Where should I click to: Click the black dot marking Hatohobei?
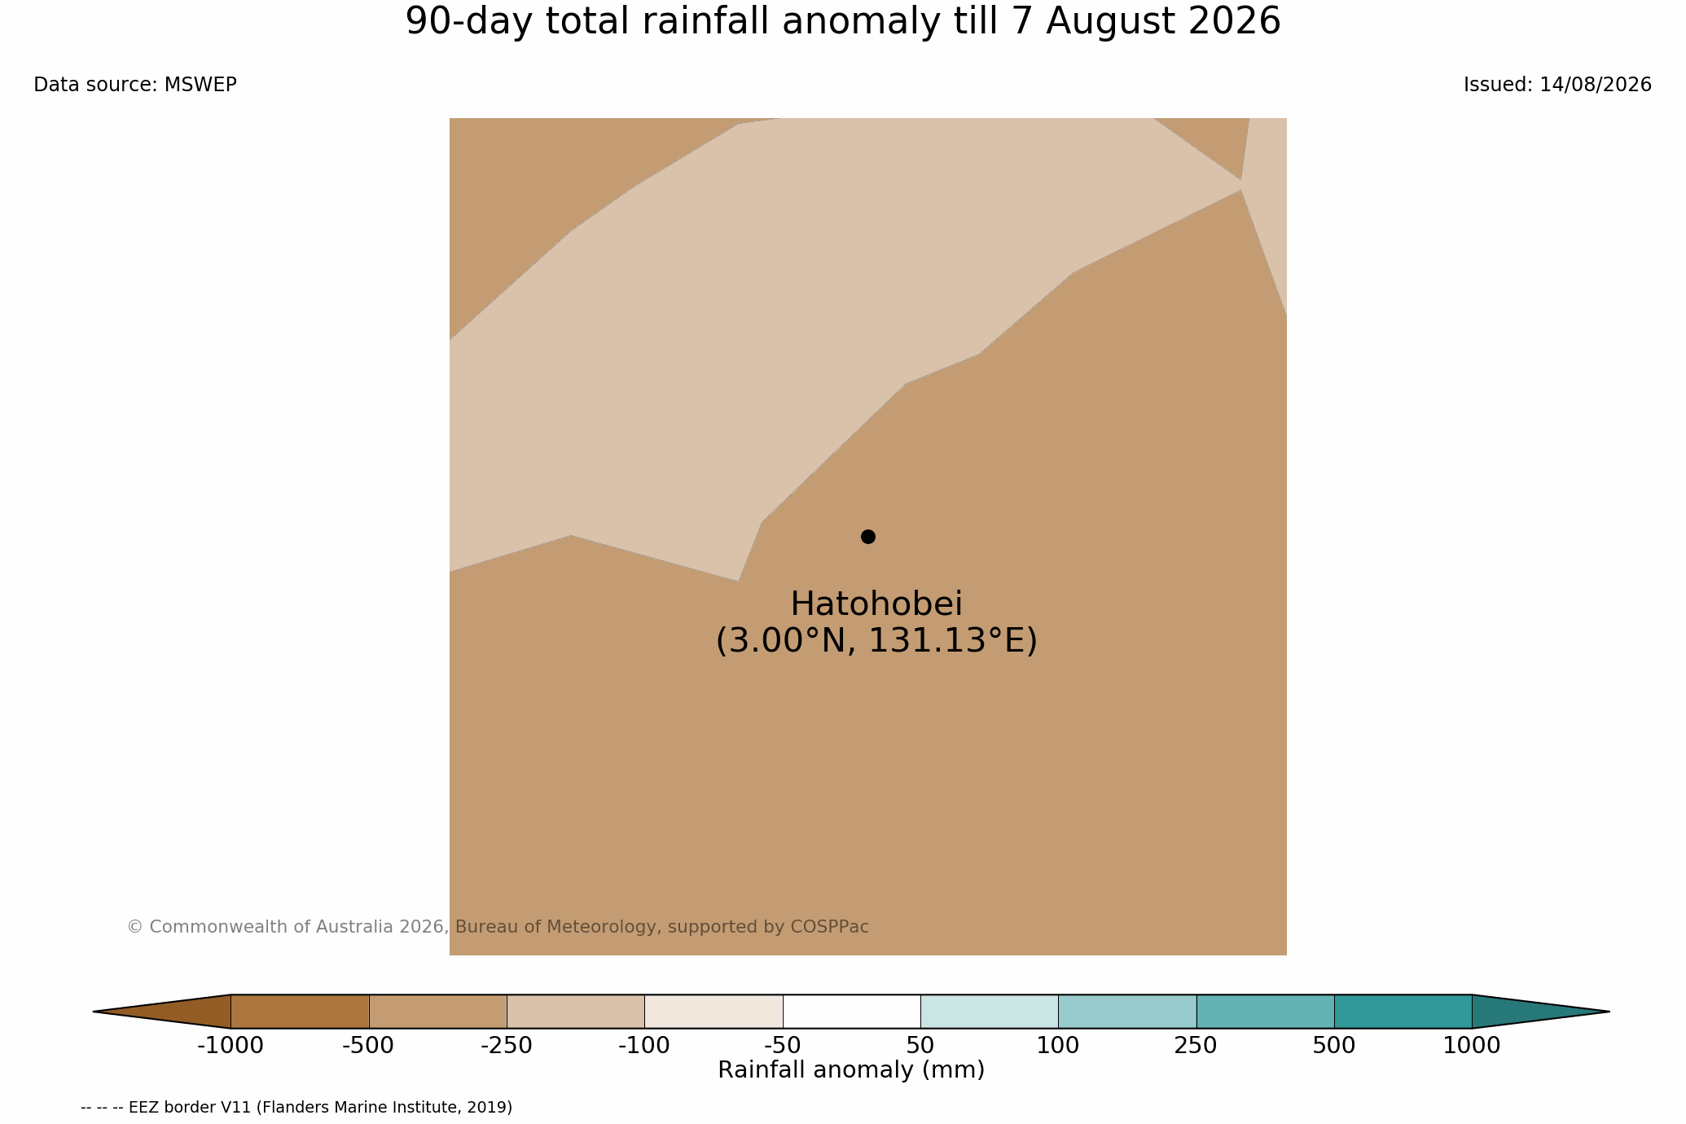(868, 537)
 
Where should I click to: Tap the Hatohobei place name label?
(876, 604)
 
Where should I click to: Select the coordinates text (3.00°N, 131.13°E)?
(876, 641)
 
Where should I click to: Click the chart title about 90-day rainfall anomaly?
(843, 22)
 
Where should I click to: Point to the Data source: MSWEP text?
(135, 85)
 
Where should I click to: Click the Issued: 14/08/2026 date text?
(1557, 85)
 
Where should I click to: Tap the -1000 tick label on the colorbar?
(231, 1046)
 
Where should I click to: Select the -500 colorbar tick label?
(368, 1046)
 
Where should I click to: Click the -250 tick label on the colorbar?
(507, 1046)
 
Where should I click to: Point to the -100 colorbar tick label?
(644, 1046)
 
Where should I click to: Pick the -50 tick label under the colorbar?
(783, 1046)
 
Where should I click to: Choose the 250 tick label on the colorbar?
(1196, 1046)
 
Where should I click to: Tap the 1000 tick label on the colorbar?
(1472, 1046)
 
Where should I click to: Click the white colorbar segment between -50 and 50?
(851, 1012)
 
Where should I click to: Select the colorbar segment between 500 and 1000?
(1403, 1012)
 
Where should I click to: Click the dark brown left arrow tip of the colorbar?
(94, 1012)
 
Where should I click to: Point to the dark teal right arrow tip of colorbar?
(1608, 1012)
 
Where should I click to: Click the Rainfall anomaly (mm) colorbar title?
(851, 1070)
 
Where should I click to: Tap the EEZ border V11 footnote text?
(296, 1108)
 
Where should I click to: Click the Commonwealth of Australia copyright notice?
(498, 927)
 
